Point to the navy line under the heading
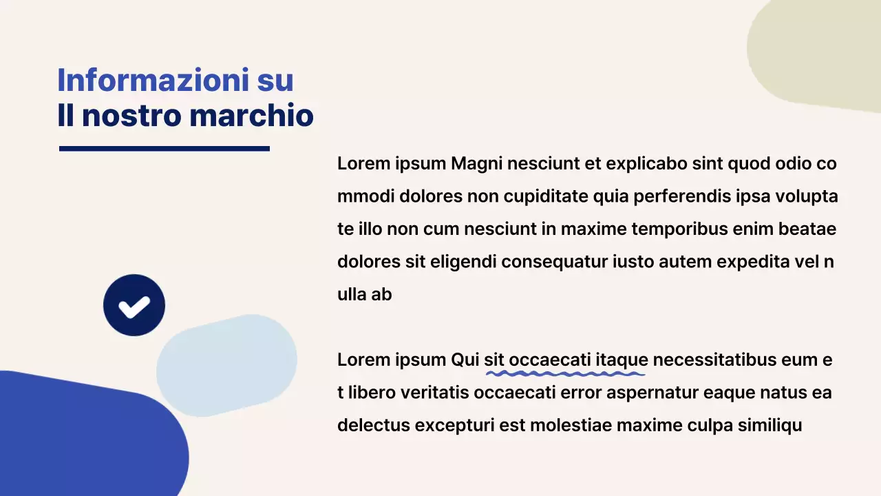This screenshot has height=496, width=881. pyautogui.click(x=164, y=148)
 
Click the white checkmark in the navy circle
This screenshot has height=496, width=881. pyautogui.click(x=134, y=306)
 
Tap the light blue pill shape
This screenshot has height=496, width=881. pyautogui.click(x=226, y=365)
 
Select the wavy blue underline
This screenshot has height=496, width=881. pyautogui.click(x=565, y=374)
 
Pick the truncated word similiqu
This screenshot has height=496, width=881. pyautogui.click(x=769, y=425)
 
